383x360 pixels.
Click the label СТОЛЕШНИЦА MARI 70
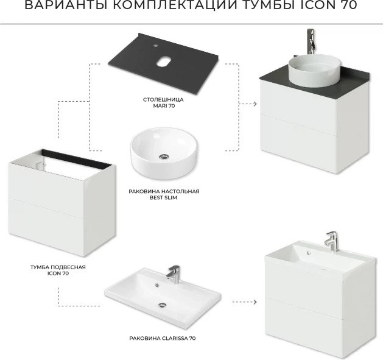tap(163, 103)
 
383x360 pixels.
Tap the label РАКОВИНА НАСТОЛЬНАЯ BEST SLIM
tap(164, 194)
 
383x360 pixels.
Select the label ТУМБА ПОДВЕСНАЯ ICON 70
tap(58, 270)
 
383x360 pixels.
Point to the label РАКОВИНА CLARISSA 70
tap(163, 338)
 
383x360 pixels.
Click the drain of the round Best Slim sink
tap(163, 157)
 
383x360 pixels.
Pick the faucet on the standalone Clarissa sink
tap(173, 274)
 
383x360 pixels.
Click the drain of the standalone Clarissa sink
tap(162, 305)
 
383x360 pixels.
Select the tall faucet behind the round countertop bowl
tap(310, 42)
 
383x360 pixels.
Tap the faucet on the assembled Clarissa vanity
tap(331, 242)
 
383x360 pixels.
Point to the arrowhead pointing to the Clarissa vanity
tap(255, 302)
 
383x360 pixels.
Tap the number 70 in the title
tap(348, 5)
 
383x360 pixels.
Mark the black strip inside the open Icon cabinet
tap(77, 159)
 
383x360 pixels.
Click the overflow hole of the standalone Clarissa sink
tap(157, 284)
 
